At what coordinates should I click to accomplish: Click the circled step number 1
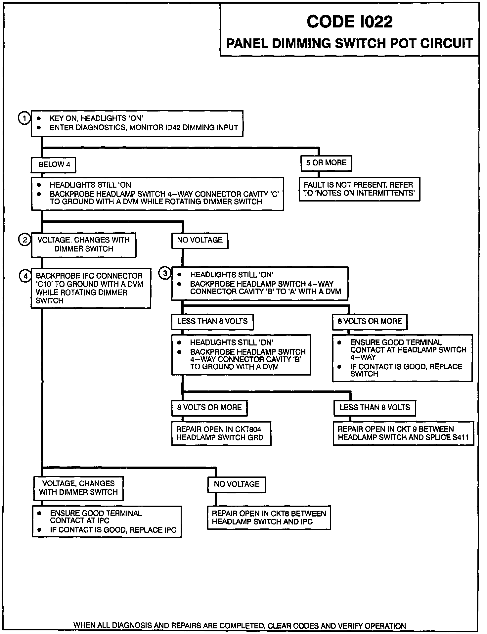(x=24, y=118)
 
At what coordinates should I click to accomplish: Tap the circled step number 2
(x=24, y=239)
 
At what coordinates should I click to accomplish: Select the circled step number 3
(x=165, y=273)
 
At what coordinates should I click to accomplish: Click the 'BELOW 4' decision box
(x=53, y=165)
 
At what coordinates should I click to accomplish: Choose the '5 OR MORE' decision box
(x=326, y=163)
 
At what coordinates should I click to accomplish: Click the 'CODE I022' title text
(x=349, y=22)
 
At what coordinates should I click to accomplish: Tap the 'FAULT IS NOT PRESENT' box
(x=359, y=189)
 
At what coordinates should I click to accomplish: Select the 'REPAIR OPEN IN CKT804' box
(x=221, y=433)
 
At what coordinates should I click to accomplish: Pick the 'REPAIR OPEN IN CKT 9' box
(x=403, y=433)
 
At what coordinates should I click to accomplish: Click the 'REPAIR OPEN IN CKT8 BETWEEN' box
(x=269, y=518)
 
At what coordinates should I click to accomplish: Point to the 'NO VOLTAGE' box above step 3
(x=200, y=240)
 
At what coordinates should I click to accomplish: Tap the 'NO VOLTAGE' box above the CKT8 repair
(x=237, y=484)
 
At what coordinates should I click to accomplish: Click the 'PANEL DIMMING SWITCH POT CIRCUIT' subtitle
(x=349, y=44)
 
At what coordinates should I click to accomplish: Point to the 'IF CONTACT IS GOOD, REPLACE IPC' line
(x=113, y=530)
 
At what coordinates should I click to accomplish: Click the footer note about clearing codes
(x=240, y=626)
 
